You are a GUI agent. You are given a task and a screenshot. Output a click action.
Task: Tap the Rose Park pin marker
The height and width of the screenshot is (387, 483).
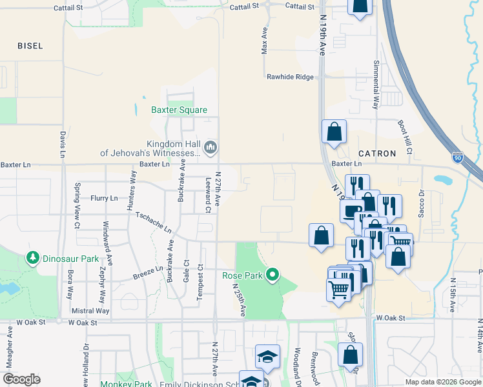click(272, 275)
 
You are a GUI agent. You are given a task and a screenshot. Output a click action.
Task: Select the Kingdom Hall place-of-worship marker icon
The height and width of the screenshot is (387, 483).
click(211, 148)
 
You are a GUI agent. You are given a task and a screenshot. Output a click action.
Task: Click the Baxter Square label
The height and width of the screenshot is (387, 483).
click(179, 110)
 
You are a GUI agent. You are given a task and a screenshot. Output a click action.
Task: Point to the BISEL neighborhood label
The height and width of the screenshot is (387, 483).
click(30, 46)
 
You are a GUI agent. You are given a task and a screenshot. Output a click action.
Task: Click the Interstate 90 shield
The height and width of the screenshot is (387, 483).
click(458, 157)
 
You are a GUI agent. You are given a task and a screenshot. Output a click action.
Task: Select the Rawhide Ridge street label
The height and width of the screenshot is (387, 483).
click(291, 77)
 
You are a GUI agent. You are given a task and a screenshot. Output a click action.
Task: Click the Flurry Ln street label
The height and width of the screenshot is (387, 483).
click(104, 198)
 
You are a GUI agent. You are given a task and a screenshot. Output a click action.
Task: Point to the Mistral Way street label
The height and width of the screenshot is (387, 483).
click(92, 310)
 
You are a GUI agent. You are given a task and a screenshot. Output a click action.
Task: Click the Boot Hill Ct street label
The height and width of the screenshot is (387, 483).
click(404, 136)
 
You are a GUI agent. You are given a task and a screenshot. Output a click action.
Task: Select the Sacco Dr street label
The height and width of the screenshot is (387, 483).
click(421, 204)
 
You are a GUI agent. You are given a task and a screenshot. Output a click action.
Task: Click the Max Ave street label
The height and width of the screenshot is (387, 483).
click(264, 41)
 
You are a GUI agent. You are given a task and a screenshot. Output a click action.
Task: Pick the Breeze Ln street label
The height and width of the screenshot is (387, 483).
click(148, 273)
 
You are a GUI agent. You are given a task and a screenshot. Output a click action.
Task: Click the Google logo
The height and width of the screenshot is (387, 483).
click(21, 379)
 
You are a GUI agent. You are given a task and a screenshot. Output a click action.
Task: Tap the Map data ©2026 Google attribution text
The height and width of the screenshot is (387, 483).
click(442, 382)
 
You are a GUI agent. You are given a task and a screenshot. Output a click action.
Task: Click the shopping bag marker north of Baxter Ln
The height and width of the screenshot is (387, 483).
click(334, 132)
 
